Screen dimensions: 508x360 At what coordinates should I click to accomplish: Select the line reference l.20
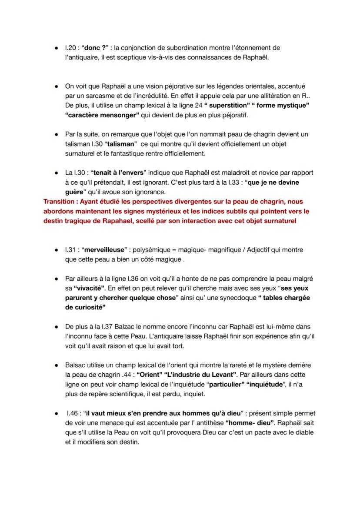71,48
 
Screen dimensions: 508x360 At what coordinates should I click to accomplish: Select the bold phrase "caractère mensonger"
102,115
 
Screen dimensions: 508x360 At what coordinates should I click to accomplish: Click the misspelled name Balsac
75,365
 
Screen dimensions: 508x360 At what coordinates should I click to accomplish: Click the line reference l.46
72,413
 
